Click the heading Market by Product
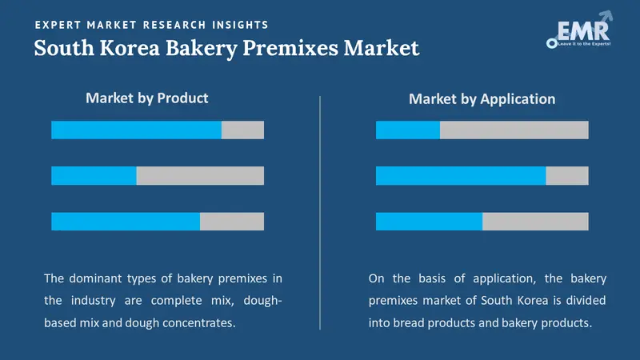pyautogui.click(x=146, y=98)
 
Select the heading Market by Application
pyautogui.click(x=482, y=99)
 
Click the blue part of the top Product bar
pyautogui.click(x=136, y=130)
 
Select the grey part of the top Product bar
pyautogui.click(x=242, y=130)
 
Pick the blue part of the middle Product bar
pyautogui.click(x=94, y=176)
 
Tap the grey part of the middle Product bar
pyautogui.click(x=200, y=176)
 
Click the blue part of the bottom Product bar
pyautogui.click(x=126, y=222)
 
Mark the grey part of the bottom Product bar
pyautogui.click(x=232, y=222)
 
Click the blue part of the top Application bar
pyautogui.click(x=407, y=130)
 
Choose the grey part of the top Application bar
pyautogui.click(x=514, y=130)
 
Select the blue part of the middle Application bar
pyautogui.click(x=461, y=176)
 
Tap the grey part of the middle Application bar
pyautogui.click(x=567, y=176)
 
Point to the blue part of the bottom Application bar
pyautogui.click(x=429, y=222)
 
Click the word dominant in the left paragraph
pyautogui.click(x=99, y=278)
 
